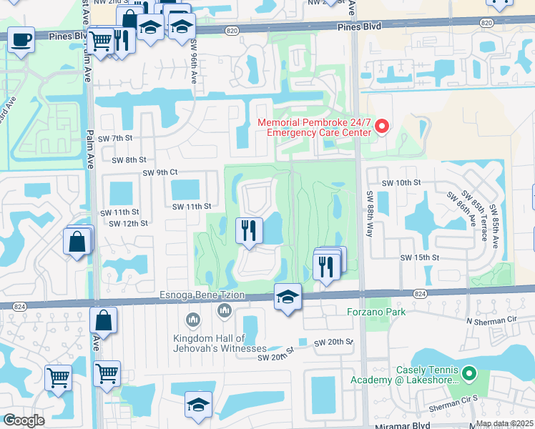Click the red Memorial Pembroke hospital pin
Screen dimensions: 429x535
pos(381,127)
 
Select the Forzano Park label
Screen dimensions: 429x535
pos(376,312)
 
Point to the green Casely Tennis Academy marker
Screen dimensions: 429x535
pos(469,373)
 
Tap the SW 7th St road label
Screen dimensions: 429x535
pos(117,137)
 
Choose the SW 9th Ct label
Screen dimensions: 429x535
pos(159,172)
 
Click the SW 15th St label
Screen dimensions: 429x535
pos(419,257)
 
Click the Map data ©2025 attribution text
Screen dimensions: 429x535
pos(504,423)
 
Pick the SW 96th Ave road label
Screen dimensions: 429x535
pos(193,62)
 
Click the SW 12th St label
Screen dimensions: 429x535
pos(128,223)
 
